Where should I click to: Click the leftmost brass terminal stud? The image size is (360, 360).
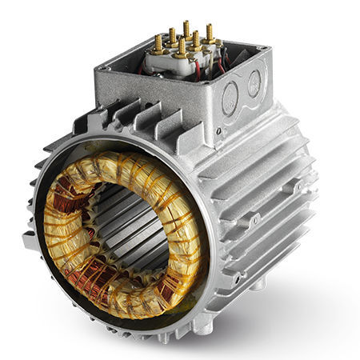[x=158, y=45]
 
